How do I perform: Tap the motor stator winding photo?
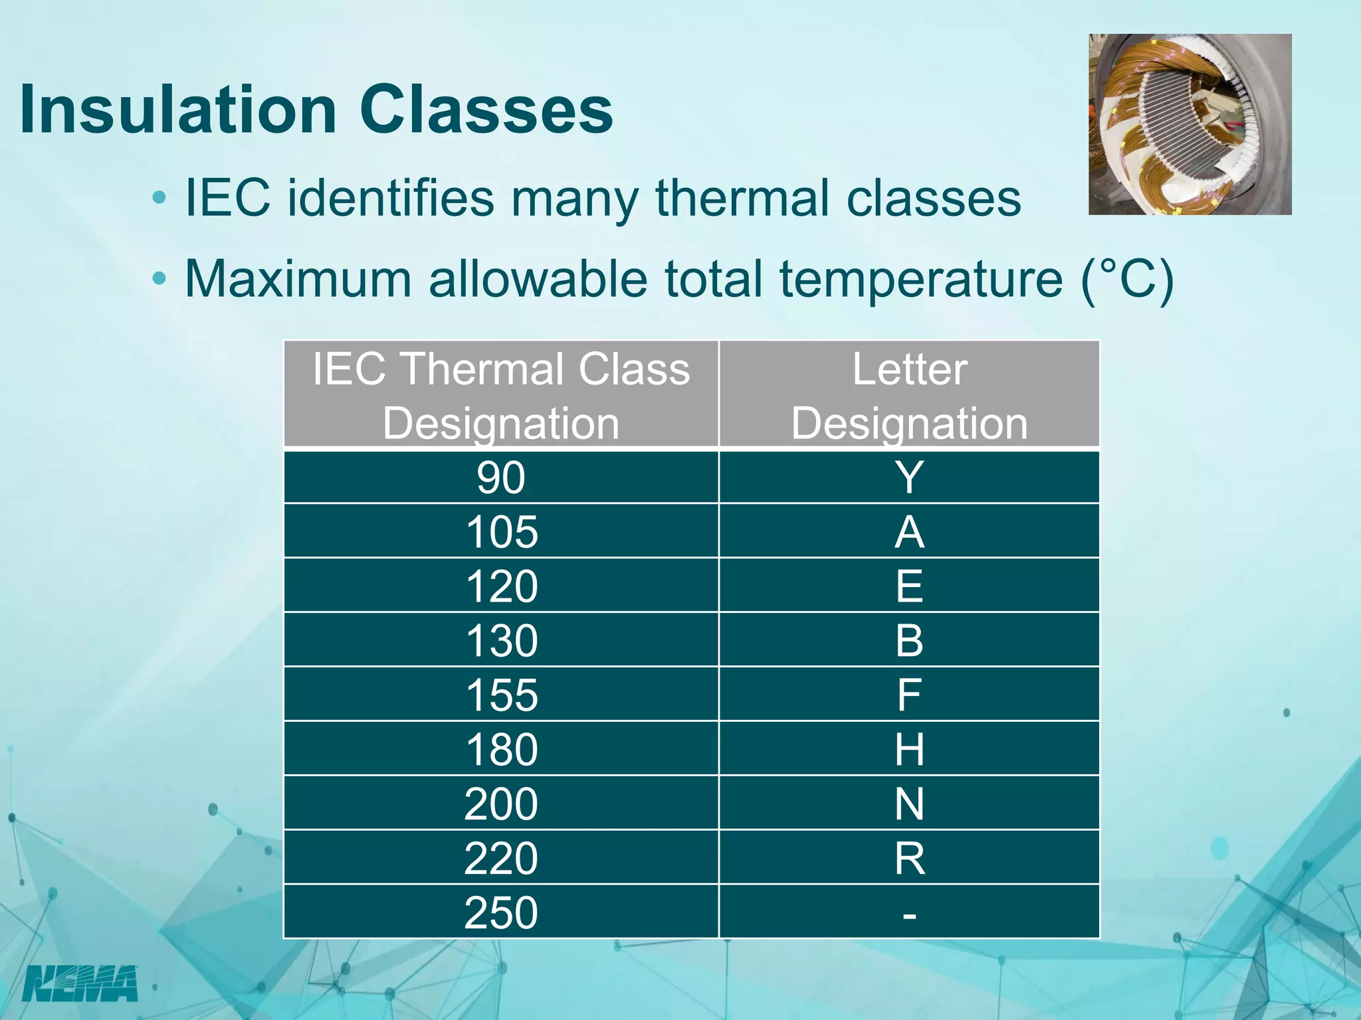click(1190, 124)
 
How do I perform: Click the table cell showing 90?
click(501, 477)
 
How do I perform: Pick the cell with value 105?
click(501, 532)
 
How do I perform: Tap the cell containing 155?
click(501, 695)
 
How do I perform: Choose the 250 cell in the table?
click(501, 912)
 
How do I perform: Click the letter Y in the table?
click(909, 477)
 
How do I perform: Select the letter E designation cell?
click(909, 586)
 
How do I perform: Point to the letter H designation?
click(909, 750)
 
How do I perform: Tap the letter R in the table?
click(909, 858)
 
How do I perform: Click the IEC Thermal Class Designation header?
click(501, 396)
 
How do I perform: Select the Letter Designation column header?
click(909, 396)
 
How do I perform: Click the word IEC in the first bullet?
click(228, 198)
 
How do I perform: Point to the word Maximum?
click(298, 279)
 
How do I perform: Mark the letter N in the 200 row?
click(909, 804)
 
